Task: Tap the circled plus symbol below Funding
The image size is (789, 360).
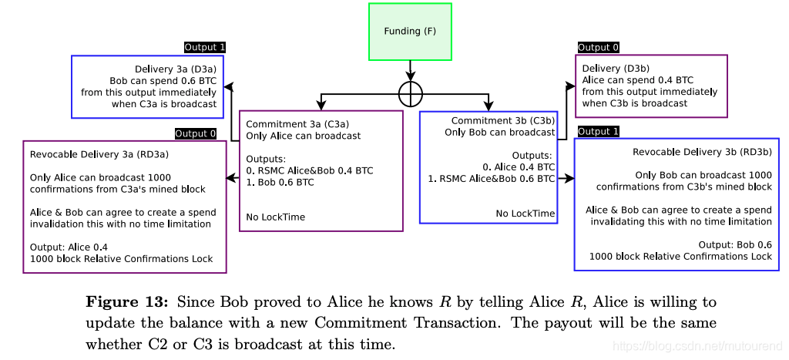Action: tap(411, 94)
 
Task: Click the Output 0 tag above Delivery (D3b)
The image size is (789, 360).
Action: tap(598, 48)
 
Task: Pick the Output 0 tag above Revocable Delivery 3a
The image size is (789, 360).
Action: tap(196, 133)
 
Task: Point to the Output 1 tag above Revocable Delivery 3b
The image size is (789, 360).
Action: tap(598, 132)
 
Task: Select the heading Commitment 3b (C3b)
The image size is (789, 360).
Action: tap(502, 121)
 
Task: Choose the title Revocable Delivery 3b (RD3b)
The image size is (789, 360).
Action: tap(702, 151)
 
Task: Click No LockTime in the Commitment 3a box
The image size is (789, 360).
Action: tap(275, 217)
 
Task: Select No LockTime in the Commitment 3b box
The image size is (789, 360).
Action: tap(525, 214)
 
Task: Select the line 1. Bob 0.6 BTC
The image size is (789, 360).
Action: tap(280, 183)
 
